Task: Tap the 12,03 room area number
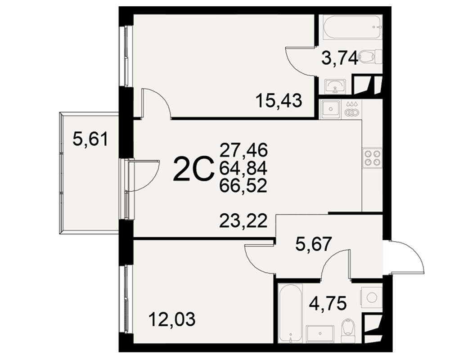coord(172,319)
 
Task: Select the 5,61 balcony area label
coord(90,139)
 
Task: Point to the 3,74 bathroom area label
coord(340,58)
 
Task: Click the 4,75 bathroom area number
coord(328,304)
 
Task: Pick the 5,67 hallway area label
coord(314,244)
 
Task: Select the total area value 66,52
coord(243,186)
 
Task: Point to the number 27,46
coord(243,150)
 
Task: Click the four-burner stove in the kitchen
coord(373,157)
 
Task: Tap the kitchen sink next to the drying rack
coord(330,109)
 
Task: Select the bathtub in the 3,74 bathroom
coord(353,27)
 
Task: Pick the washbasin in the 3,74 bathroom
coord(335,86)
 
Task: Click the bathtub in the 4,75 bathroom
coord(291,313)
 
